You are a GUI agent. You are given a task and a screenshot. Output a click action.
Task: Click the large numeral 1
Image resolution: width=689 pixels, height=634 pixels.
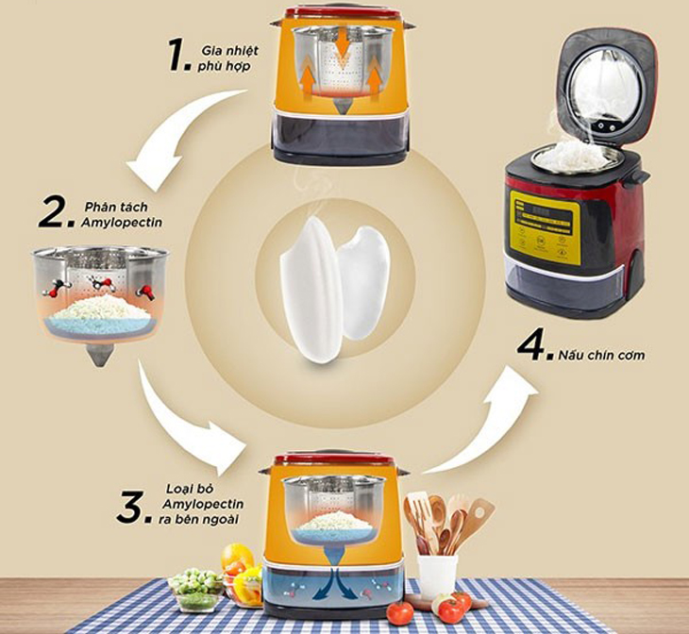click(x=179, y=55)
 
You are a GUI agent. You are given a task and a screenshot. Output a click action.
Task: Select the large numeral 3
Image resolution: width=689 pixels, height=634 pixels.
click(x=132, y=507)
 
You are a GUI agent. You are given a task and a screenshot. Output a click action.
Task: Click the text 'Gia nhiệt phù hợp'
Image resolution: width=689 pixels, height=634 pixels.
click(x=229, y=58)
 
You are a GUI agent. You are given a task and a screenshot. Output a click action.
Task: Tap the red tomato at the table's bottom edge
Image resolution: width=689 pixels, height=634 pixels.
click(x=400, y=612)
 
